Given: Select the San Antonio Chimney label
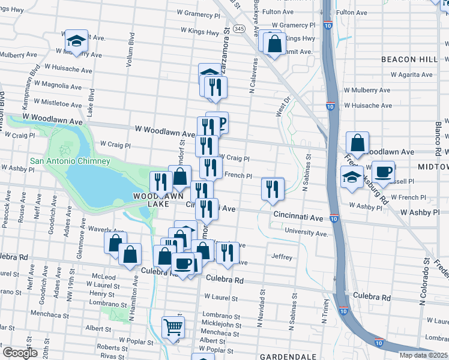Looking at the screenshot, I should pyautogui.click(x=70, y=161).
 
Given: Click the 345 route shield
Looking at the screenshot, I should pyautogui.click(x=240, y=28).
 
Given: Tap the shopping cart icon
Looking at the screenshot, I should pyautogui.click(x=173, y=328).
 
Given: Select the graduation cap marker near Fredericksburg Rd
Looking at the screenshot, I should pyautogui.click(x=352, y=176).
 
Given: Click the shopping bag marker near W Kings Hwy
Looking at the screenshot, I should pyautogui.click(x=274, y=44).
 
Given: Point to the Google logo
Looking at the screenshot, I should pyautogui.click(x=20, y=353).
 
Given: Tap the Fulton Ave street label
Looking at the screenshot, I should pyautogui.click(x=295, y=11).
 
